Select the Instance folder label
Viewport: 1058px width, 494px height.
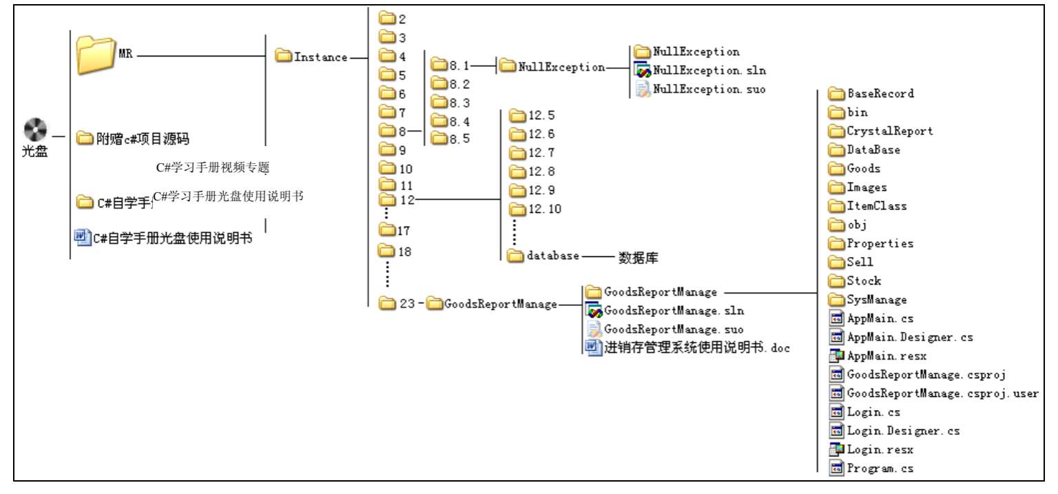coord(320,57)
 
